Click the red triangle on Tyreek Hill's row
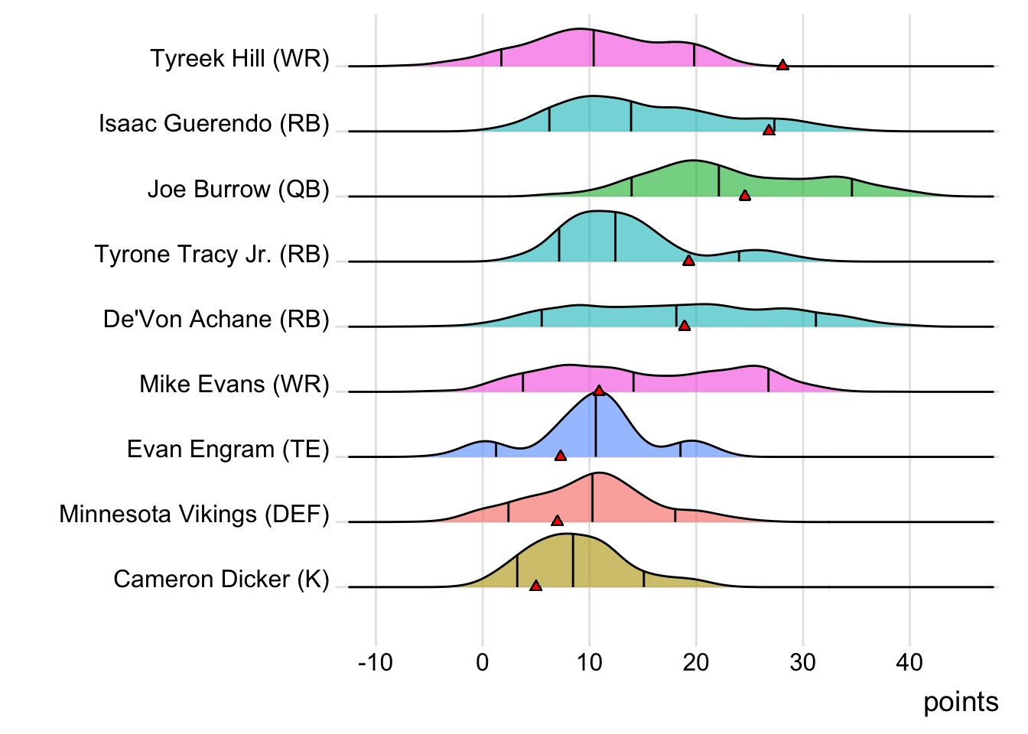(x=782, y=65)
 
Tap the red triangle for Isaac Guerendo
(x=769, y=130)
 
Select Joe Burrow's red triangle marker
(x=745, y=196)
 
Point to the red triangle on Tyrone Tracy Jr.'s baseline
(x=688, y=261)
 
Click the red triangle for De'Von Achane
(x=685, y=326)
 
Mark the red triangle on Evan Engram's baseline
(x=561, y=456)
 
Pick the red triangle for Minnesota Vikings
(x=558, y=521)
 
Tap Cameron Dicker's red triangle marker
(x=536, y=586)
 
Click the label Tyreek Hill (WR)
(x=239, y=58)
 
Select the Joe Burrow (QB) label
(x=238, y=189)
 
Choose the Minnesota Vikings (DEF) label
(x=194, y=514)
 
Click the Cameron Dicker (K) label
(x=221, y=579)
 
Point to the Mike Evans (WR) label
(x=234, y=384)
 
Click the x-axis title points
(x=961, y=702)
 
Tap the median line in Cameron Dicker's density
(x=573, y=562)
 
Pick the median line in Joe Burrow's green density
(x=719, y=180)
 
